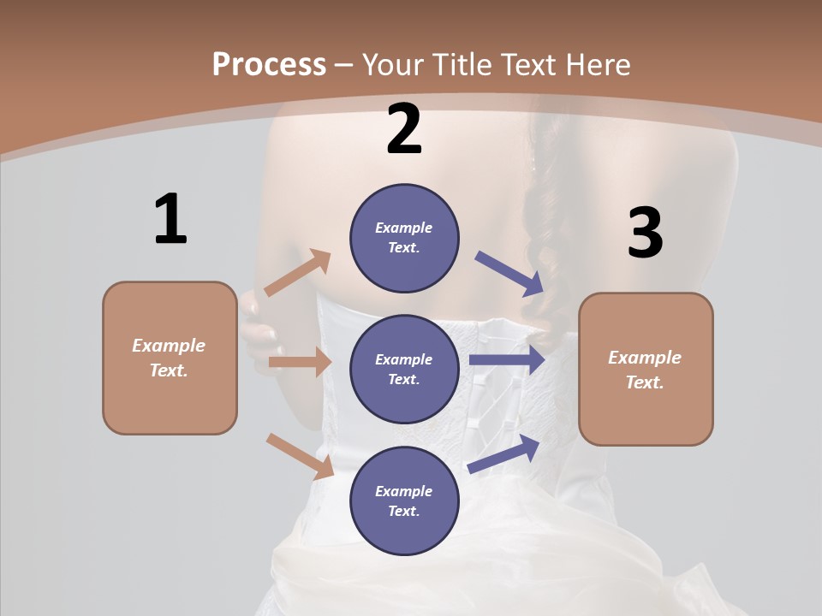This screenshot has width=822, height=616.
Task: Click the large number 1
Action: point(170,220)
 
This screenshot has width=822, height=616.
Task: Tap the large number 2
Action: point(404,130)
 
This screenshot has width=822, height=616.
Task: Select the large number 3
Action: point(645,234)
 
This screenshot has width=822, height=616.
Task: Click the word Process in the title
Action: point(269,64)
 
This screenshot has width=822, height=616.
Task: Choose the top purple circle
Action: point(404,238)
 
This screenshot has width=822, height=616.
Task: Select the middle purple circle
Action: point(404,369)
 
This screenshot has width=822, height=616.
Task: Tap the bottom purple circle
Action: point(404,500)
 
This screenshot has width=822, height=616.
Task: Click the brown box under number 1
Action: point(170,358)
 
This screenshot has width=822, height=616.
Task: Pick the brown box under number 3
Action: point(646,369)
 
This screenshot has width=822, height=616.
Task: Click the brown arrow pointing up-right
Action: point(298,273)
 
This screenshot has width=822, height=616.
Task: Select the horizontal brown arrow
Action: point(300,362)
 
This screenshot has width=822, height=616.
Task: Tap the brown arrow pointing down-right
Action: point(300,456)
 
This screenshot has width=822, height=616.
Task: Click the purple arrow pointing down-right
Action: point(509,273)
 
